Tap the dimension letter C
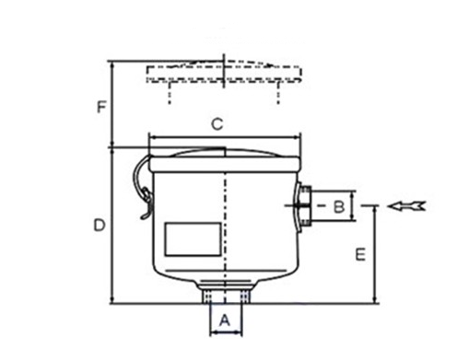point(217,123)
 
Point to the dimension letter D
point(99,225)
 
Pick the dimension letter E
point(360,252)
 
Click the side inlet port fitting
point(305,206)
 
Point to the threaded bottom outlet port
point(222,296)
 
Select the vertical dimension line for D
point(111,225)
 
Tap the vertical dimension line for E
point(375,254)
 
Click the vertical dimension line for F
point(111,103)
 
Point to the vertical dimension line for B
point(354,206)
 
